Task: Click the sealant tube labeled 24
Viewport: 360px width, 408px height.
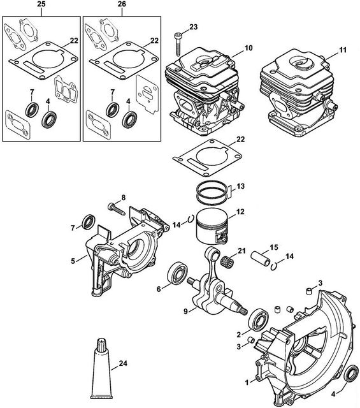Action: coord(102,368)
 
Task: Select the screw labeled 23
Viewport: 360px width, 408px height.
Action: coord(178,44)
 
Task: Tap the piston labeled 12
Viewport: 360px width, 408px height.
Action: coord(212,227)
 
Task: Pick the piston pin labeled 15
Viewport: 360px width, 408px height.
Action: coord(260,258)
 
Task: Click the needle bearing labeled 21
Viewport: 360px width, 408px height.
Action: coord(226,261)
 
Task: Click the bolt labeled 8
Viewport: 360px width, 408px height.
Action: coord(116,209)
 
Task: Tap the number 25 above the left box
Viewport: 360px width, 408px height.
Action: coord(41,4)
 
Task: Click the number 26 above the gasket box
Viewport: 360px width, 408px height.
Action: coord(122,4)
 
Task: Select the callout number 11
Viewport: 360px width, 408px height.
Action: coord(343,50)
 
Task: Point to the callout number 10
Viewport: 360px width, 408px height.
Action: coord(248,48)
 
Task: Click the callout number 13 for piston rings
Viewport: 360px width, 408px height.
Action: coord(241,186)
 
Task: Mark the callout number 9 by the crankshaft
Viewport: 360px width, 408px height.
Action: coord(185,311)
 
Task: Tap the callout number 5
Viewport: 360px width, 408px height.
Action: coord(73,261)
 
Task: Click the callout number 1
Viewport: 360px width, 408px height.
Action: coord(247,382)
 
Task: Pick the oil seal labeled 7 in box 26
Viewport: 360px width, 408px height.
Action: coord(113,110)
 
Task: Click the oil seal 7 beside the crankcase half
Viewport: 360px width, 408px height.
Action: coord(89,222)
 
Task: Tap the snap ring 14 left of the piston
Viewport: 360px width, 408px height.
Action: coord(191,219)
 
